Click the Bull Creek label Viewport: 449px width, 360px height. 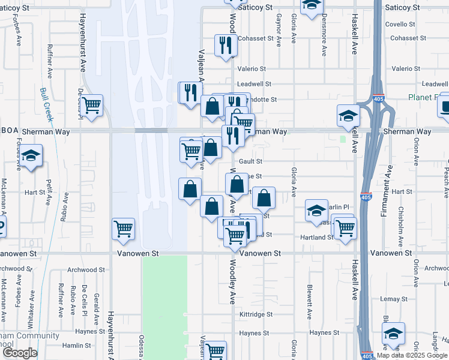click(x=47, y=103)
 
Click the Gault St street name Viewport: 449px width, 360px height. click(x=250, y=161)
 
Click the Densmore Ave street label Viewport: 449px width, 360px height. click(x=323, y=42)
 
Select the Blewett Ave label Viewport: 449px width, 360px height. click(x=310, y=302)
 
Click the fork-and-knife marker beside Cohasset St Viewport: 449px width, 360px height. click(x=226, y=46)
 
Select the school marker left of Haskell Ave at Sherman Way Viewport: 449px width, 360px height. click(x=348, y=116)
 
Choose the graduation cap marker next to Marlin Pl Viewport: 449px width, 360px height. click(x=316, y=211)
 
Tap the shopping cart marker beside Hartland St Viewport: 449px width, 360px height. click(x=345, y=228)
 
